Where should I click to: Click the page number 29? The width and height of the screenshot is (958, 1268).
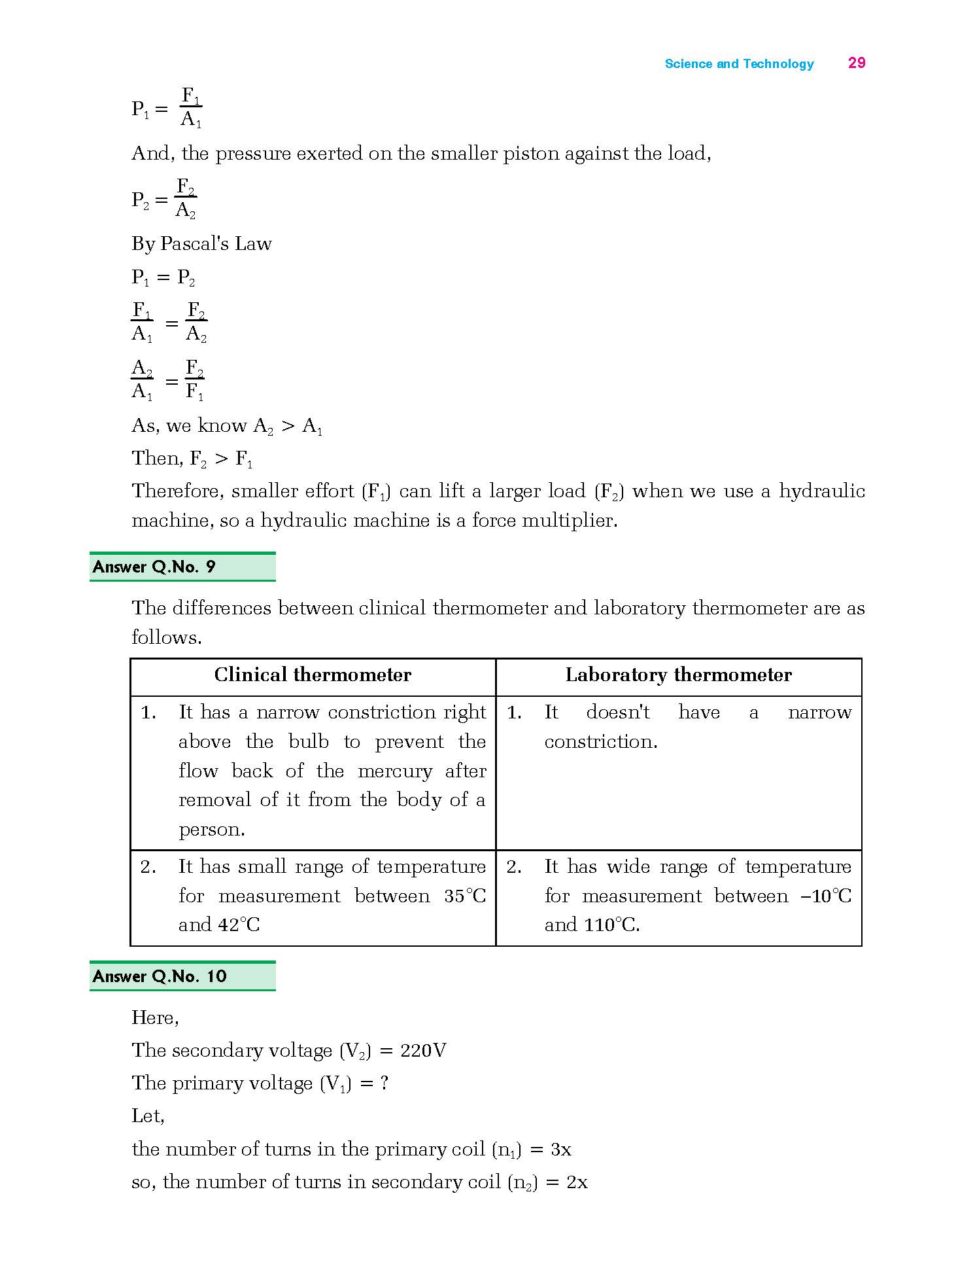point(856,63)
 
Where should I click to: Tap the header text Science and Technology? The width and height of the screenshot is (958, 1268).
point(739,64)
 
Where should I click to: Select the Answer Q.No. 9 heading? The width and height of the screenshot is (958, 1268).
point(154,567)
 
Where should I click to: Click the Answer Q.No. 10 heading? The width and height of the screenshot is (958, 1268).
point(160,976)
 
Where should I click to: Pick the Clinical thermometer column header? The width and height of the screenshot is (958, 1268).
point(313,675)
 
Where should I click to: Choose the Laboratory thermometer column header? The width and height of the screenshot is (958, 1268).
point(678,675)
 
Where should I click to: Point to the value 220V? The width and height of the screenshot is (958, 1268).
point(423,1051)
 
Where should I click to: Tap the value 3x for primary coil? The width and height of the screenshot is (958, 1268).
point(560,1149)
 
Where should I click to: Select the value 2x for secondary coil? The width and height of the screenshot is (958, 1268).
point(576,1182)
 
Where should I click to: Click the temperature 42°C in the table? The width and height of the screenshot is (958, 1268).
point(239,925)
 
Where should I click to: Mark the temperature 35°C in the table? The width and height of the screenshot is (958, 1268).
point(465,896)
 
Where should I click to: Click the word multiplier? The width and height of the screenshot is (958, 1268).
point(569,521)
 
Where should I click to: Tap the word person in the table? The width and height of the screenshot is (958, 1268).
point(211,830)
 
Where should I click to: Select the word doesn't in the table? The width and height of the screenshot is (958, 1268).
point(617,712)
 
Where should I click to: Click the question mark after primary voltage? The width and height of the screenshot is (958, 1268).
point(384,1083)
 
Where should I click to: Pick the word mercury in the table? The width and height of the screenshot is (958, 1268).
point(394,771)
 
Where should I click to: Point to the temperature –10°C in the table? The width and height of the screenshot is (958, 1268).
point(826,896)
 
